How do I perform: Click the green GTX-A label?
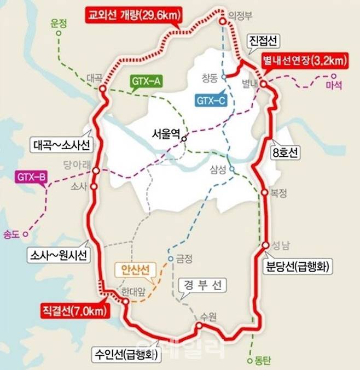(146, 82)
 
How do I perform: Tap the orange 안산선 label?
(135, 269)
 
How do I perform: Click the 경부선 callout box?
(201, 285)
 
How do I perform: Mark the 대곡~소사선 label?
(62, 145)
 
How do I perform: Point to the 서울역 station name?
(167, 134)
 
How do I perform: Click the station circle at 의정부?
(223, 21)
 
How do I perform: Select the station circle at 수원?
(199, 326)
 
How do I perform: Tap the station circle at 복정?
(264, 192)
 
